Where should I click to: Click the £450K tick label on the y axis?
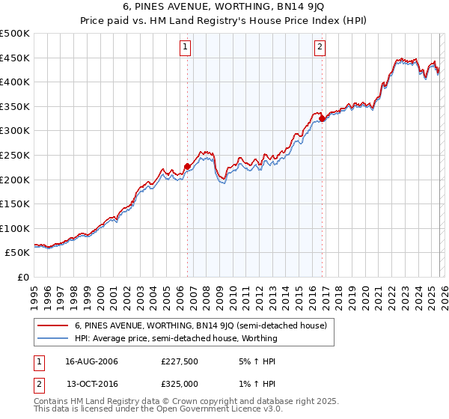tap(15, 58)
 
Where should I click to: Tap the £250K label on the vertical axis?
tap(15, 155)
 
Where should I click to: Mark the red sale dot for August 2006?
tap(187, 166)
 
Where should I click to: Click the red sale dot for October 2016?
tap(322, 118)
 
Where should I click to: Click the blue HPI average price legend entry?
tap(176, 338)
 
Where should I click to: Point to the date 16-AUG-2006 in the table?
tap(91, 361)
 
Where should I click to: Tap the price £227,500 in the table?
tap(180, 361)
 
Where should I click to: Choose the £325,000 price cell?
tap(180, 383)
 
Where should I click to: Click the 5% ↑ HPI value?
tap(257, 361)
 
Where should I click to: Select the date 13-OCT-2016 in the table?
tap(91, 383)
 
